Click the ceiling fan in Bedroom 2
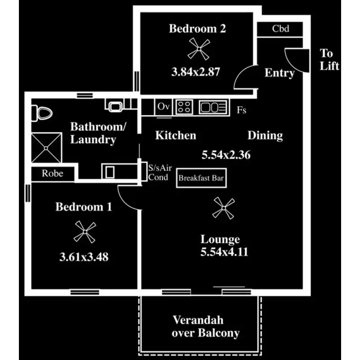click(x=199, y=49)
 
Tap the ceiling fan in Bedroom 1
click(x=85, y=232)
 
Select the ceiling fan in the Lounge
click(x=224, y=208)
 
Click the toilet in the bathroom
click(x=42, y=113)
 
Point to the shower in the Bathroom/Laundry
click(x=47, y=148)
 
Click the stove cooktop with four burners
click(x=184, y=107)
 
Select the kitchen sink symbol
click(x=213, y=107)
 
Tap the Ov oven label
click(x=163, y=107)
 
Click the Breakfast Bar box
click(x=201, y=178)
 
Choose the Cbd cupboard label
click(x=280, y=29)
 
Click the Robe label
click(x=53, y=173)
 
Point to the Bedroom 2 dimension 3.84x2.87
click(x=196, y=72)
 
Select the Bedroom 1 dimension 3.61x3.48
click(x=84, y=257)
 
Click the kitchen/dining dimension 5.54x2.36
click(x=226, y=155)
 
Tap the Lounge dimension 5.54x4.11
click(x=224, y=252)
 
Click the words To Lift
click(x=329, y=60)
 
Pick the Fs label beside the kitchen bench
click(x=242, y=110)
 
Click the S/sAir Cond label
click(x=160, y=173)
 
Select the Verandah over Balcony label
click(x=206, y=327)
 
